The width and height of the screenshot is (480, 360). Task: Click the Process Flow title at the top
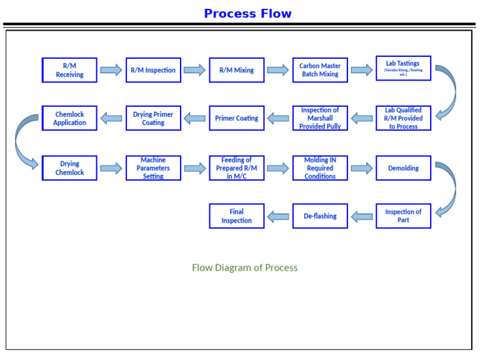(247, 13)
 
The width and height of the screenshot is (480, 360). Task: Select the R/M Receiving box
(69, 70)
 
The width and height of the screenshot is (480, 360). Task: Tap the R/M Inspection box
(153, 70)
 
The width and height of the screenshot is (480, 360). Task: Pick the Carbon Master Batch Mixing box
(319, 70)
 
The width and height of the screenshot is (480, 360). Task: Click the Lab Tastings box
(403, 68)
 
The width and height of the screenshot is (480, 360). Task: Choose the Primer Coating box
(236, 118)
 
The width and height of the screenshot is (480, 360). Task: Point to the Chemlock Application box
(69, 118)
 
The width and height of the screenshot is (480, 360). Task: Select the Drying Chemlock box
(69, 168)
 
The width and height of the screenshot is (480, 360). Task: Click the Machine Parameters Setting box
(153, 168)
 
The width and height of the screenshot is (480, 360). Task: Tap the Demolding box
(403, 168)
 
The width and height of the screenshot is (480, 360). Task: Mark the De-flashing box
(319, 216)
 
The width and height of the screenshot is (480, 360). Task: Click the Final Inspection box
(236, 216)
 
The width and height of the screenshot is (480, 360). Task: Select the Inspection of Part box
(403, 216)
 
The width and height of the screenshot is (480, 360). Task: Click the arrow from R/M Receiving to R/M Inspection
(111, 70)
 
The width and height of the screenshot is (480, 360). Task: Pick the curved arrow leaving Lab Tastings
(447, 91)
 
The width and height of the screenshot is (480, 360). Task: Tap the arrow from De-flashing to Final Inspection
(278, 216)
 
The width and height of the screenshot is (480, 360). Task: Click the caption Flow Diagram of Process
(244, 267)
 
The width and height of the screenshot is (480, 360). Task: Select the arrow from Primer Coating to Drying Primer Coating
(194, 118)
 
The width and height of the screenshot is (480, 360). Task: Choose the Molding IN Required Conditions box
(319, 168)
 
